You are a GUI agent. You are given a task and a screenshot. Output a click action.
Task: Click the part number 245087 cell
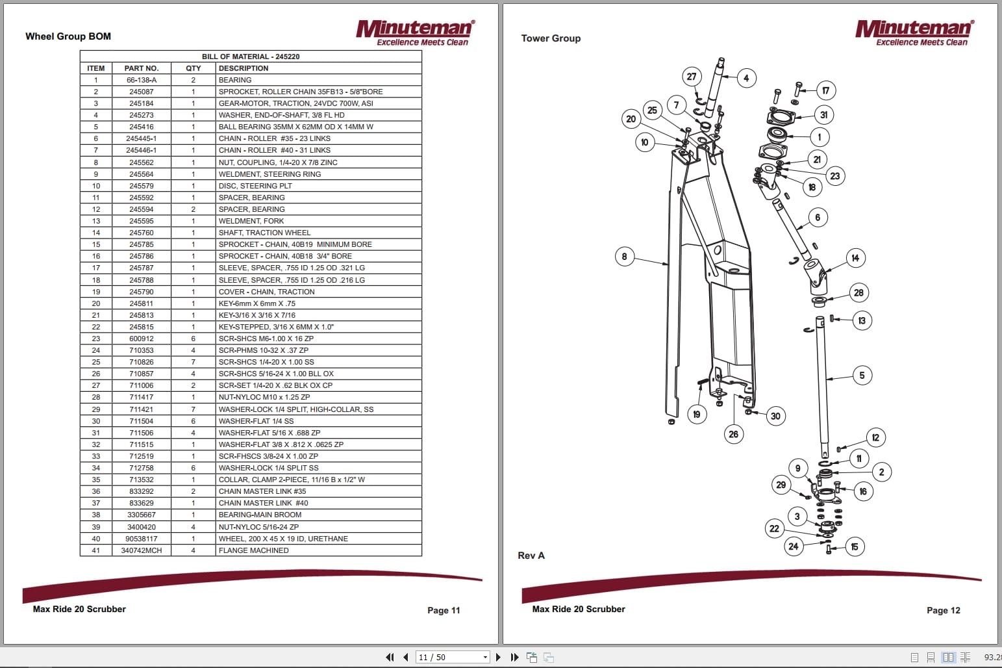tap(141, 92)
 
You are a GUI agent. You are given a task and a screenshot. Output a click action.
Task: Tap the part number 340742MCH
tap(141, 550)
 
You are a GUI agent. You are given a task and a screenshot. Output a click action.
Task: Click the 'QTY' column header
tap(193, 68)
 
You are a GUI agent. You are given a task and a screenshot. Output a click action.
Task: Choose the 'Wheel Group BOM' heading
tap(68, 36)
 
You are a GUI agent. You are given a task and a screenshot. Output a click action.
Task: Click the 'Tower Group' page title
tap(551, 38)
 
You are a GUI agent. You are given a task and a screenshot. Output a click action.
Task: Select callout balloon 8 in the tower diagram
tap(624, 256)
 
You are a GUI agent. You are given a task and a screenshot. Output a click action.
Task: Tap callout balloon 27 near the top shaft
tap(692, 77)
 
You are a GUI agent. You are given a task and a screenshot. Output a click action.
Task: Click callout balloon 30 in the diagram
tap(775, 416)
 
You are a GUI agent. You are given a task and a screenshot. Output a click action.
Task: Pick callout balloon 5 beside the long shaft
tap(862, 375)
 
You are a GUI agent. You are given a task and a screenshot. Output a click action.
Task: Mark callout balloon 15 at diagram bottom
tap(854, 547)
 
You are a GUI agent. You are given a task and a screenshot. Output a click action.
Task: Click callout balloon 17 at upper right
tap(825, 91)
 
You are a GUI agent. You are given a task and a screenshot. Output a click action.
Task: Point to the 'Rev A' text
tap(531, 556)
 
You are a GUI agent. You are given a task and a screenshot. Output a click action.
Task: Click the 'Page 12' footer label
tap(943, 610)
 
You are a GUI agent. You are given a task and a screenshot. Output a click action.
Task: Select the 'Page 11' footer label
tap(444, 610)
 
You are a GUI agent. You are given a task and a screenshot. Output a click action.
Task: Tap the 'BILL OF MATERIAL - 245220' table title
tap(251, 57)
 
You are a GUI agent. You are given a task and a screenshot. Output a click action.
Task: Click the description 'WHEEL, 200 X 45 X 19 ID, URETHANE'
tap(283, 539)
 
